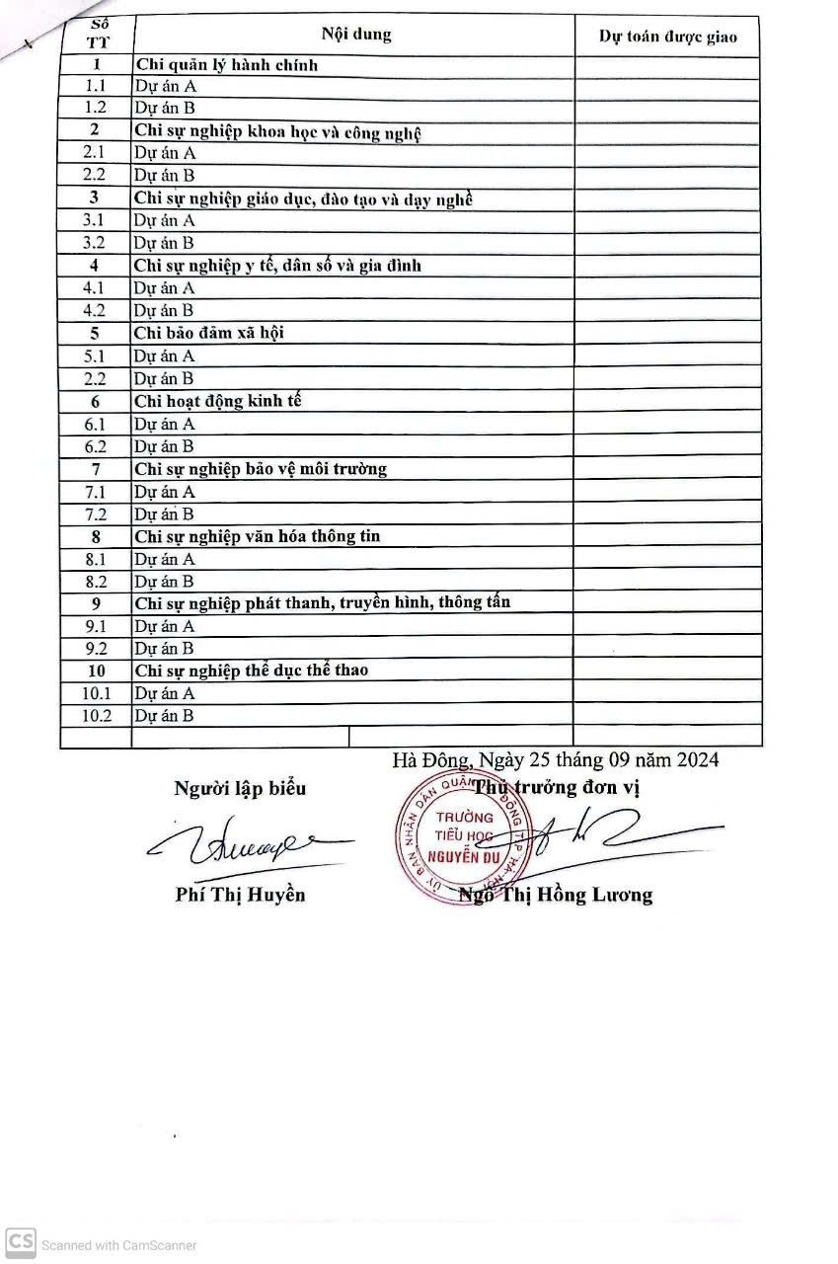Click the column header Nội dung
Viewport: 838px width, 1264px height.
pos(355,35)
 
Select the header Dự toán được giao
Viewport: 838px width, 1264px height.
pos(667,37)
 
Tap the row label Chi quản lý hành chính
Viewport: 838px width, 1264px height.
pos(226,66)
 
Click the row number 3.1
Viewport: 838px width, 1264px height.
pos(95,220)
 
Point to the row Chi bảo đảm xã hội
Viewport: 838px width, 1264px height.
pos(208,333)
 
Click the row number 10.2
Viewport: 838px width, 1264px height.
pos(96,716)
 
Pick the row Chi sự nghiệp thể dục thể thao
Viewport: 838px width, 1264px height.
pos(251,671)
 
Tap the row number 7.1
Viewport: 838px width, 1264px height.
pos(96,492)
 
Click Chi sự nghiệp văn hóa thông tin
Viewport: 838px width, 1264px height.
pos(257,536)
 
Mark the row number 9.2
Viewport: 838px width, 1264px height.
pos(96,649)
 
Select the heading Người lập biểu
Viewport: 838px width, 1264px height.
pos(240,788)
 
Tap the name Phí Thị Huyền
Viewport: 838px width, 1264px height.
pos(240,895)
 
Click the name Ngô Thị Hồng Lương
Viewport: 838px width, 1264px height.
pos(556,896)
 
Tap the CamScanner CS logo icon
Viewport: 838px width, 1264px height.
pos(21,1242)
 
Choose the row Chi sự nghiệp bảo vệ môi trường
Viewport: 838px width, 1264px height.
pos(260,469)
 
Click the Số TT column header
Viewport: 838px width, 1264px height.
pos(97,35)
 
